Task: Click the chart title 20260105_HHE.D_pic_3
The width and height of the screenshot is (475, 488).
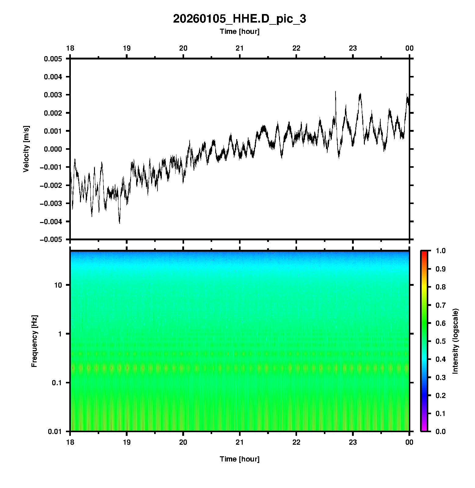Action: (x=239, y=19)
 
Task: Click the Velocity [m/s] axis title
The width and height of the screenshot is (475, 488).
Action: (x=26, y=149)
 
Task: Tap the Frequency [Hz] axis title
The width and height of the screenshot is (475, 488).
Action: (x=34, y=341)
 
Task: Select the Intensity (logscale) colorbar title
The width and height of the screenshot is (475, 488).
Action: (x=455, y=341)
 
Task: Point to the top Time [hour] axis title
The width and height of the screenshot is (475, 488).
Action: (x=239, y=31)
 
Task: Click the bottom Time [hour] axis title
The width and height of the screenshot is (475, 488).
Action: (x=239, y=459)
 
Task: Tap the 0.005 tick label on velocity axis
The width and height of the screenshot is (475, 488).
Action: (x=53, y=59)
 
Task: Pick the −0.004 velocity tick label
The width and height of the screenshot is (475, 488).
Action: (x=51, y=221)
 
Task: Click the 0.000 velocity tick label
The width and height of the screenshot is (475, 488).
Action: (x=53, y=149)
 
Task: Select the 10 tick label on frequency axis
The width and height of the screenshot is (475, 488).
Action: (x=58, y=285)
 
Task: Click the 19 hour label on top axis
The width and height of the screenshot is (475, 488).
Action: (x=127, y=48)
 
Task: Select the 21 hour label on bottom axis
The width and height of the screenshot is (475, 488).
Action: (x=240, y=442)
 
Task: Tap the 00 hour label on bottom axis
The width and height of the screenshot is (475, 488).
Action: (x=409, y=442)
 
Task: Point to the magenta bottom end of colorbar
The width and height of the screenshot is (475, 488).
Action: (x=424, y=429)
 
